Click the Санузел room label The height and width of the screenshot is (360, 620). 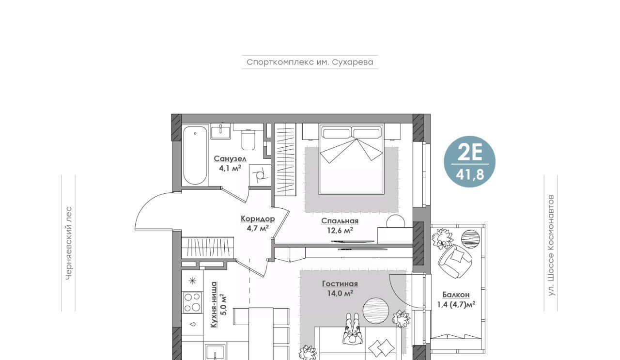pyautogui.click(x=230, y=158)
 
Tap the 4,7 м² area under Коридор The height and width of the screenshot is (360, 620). pyautogui.click(x=258, y=229)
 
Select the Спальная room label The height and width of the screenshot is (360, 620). pyautogui.click(x=340, y=221)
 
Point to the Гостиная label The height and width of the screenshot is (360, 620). pyautogui.click(x=340, y=283)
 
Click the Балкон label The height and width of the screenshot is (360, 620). pyautogui.click(x=456, y=295)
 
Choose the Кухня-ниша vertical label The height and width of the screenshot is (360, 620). pyautogui.click(x=214, y=305)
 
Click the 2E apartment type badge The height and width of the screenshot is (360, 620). pyautogui.click(x=470, y=161)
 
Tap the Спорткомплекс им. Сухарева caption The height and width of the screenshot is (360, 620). pyautogui.click(x=310, y=62)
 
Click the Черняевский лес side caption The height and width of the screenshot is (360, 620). pyautogui.click(x=69, y=243)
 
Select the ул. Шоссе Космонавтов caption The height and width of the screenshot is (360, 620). pyautogui.click(x=551, y=245)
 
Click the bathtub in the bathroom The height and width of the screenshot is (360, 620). pyautogui.click(x=195, y=156)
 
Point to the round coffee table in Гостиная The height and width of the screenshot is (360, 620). pyautogui.click(x=376, y=311)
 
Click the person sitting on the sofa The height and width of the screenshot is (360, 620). pyautogui.click(x=352, y=329)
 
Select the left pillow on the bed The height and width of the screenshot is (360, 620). pyautogui.click(x=336, y=133)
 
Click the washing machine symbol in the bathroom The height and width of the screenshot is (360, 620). pyautogui.click(x=260, y=175)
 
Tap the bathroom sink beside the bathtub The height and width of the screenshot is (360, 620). pyautogui.click(x=220, y=131)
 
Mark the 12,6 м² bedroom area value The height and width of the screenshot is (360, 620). pyautogui.click(x=340, y=230)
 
